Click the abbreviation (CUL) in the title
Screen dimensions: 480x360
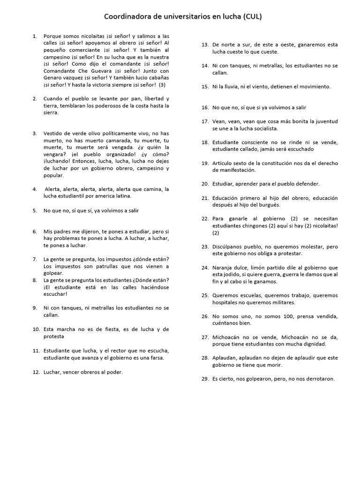coord(252,17)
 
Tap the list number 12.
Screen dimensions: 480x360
coord(36,372)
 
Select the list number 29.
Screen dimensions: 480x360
coord(205,379)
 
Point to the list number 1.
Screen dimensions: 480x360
coord(35,36)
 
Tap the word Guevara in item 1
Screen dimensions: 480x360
coord(94,71)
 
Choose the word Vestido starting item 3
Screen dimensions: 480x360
coord(53,134)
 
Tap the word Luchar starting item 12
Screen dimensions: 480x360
coord(52,372)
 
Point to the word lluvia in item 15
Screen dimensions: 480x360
coord(231,87)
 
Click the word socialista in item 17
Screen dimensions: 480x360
coord(265,128)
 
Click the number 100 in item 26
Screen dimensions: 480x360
coord(276,316)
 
